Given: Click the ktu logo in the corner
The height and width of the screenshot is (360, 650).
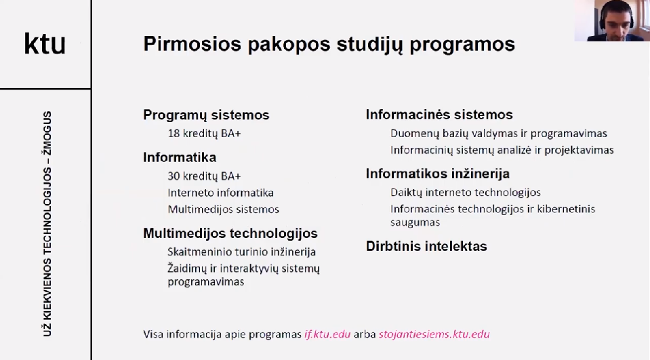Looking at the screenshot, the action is (x=45, y=43).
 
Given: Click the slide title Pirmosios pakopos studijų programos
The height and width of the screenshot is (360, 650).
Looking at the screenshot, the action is (x=329, y=45).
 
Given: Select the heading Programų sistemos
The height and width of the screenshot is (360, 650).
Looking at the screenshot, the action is (x=206, y=115).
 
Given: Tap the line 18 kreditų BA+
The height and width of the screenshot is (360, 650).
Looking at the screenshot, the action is (x=205, y=134).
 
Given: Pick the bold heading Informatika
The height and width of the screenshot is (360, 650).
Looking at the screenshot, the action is (x=180, y=157).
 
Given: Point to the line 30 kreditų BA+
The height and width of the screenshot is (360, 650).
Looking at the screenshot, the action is (x=205, y=176).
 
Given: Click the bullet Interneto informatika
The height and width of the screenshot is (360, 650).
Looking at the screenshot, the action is (x=220, y=193).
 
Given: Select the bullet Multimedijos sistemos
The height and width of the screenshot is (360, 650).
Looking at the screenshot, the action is (x=224, y=209).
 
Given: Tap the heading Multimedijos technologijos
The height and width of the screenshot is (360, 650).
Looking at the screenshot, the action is (x=230, y=233).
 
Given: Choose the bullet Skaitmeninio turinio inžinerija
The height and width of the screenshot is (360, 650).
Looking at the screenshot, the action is (x=242, y=252).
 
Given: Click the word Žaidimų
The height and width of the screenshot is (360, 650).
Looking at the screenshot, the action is (x=187, y=268).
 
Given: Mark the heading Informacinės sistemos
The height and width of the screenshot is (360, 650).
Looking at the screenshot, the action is (x=439, y=115).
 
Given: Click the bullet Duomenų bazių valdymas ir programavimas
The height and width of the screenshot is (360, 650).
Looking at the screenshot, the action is (x=499, y=134).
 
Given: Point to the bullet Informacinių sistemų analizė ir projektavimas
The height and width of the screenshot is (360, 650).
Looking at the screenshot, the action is (x=502, y=150).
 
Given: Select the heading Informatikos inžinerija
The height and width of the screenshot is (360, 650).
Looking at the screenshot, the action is (x=438, y=174).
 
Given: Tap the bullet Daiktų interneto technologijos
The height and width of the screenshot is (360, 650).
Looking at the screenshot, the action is (x=466, y=193).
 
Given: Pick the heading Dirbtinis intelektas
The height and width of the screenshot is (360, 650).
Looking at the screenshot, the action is (x=426, y=246).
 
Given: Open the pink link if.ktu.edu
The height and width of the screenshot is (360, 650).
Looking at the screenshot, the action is (x=327, y=334).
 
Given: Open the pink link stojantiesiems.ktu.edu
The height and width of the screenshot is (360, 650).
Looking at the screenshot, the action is (x=434, y=334).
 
